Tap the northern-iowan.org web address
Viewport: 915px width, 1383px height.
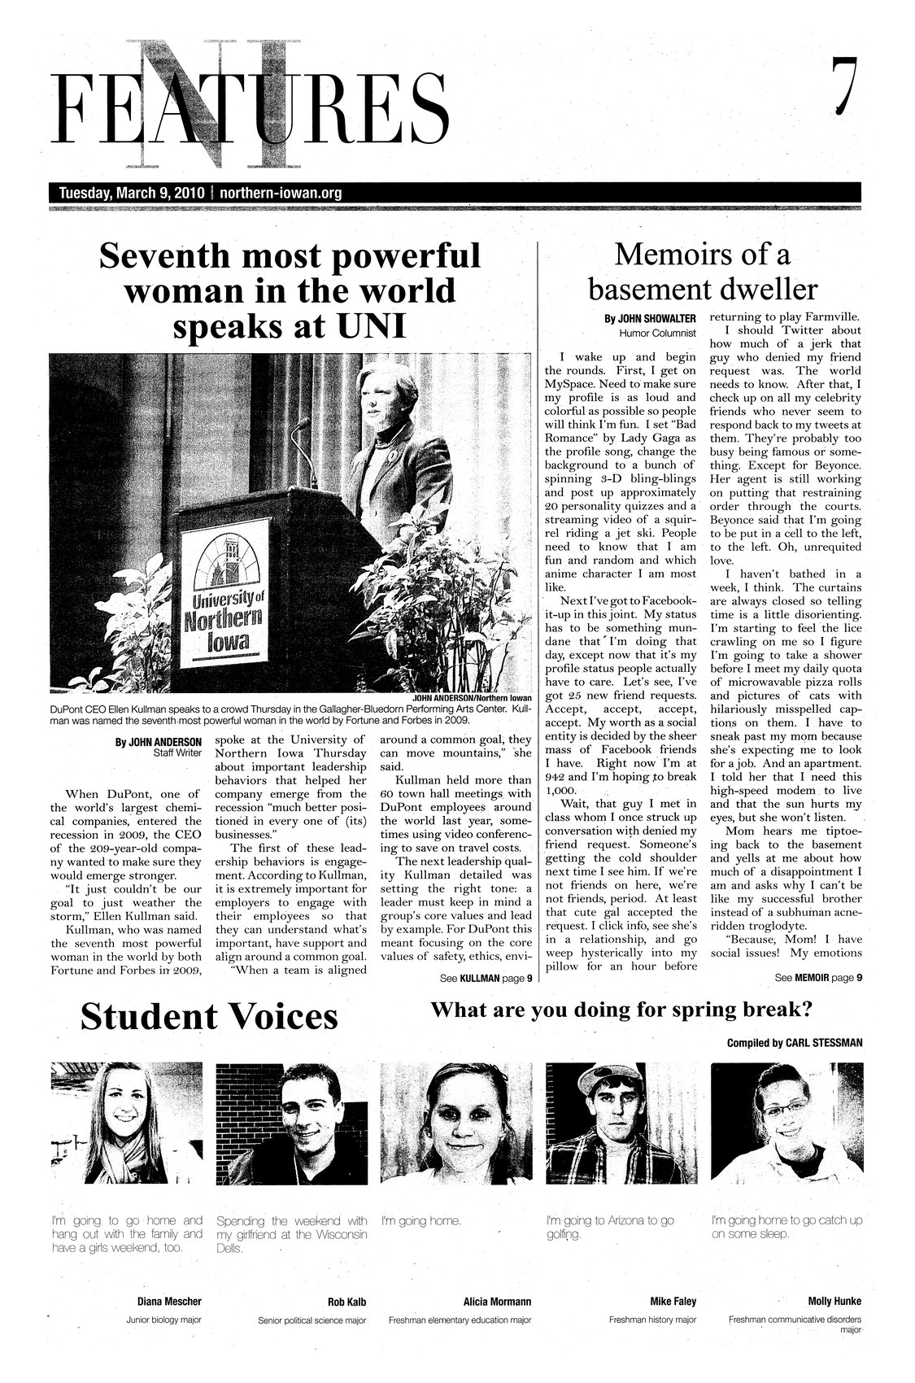point(281,194)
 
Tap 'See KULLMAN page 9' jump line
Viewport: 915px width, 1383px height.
point(486,979)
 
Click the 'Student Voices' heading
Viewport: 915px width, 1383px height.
point(209,1017)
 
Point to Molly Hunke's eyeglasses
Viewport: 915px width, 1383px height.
point(784,1107)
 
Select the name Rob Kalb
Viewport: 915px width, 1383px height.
point(346,1302)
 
